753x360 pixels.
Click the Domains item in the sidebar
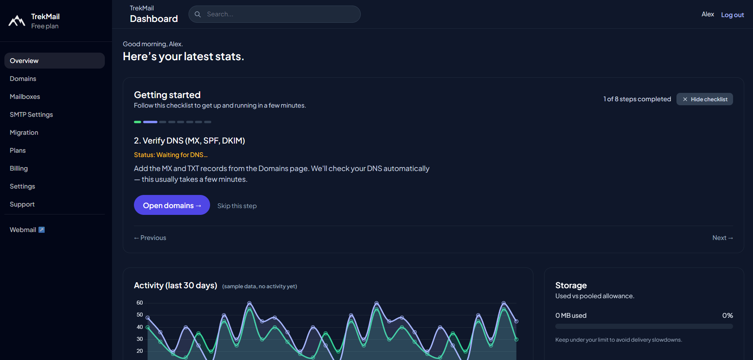coord(23,79)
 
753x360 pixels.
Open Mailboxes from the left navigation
coord(25,96)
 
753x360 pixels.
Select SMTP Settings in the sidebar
coord(31,114)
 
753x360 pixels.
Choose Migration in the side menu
coord(24,132)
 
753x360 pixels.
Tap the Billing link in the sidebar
coord(19,168)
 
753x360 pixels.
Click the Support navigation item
coord(22,204)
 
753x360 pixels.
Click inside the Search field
coord(279,14)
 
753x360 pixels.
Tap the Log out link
coord(732,15)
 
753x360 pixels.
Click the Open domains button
coord(172,205)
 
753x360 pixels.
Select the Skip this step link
coord(237,206)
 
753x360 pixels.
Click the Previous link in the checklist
coord(150,238)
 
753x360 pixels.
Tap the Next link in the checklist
coord(722,238)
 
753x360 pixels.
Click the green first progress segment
coord(138,122)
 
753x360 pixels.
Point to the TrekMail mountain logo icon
coord(17,21)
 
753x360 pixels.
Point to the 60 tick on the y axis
coord(140,303)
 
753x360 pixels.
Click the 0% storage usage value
coord(727,315)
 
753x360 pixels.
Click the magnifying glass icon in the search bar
coord(198,14)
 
